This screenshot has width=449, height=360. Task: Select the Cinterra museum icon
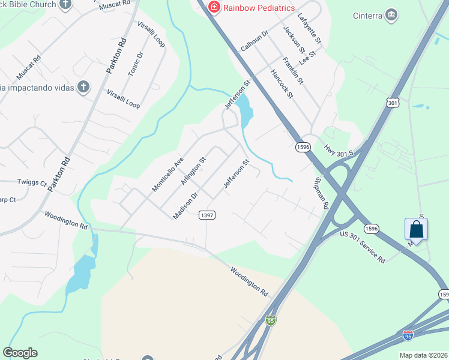(x=392, y=14)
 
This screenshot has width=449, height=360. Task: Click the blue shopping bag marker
(x=417, y=229)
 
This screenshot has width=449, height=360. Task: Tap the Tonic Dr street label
(x=136, y=63)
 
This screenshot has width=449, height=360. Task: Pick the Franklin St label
(x=294, y=70)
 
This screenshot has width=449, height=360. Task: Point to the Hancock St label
(x=282, y=83)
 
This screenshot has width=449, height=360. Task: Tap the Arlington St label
(x=193, y=170)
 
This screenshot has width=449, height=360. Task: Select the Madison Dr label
(x=185, y=206)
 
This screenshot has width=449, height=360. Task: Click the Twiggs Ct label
(x=31, y=182)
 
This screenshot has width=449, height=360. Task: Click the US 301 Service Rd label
(x=363, y=247)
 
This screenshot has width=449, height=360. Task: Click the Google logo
(x=20, y=353)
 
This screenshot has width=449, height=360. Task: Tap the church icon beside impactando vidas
(x=83, y=88)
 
